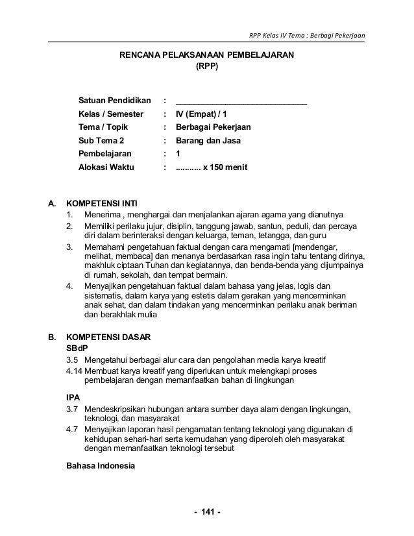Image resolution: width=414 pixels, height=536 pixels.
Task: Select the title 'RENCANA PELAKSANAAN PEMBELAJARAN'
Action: point(206,55)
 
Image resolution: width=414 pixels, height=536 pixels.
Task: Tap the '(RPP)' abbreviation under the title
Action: point(207,66)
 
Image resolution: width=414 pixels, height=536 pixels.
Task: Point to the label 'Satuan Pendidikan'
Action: point(115,101)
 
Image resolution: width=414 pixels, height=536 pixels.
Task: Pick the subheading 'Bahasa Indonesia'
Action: point(100,466)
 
